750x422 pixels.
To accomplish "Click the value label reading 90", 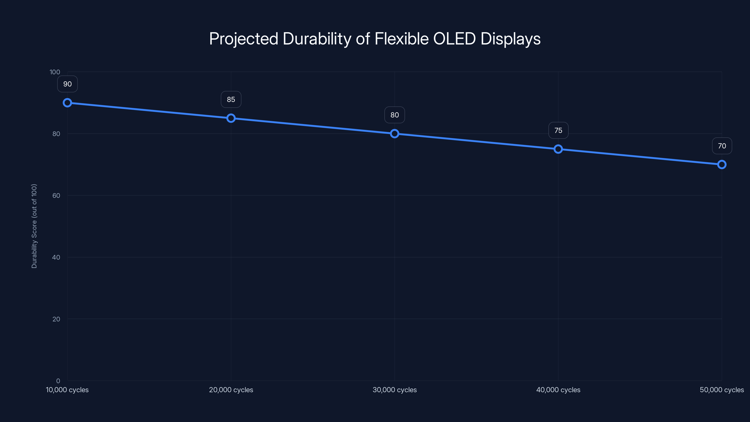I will point(67,84).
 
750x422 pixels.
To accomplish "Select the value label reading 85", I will point(231,99).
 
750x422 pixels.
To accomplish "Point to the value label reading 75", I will point(558,131).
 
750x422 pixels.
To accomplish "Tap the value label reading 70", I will point(722,146).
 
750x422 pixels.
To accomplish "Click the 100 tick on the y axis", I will point(55,72).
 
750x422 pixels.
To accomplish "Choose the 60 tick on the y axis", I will point(56,196).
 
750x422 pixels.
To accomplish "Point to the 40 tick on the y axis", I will point(56,257).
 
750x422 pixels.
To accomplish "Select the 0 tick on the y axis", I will point(58,381).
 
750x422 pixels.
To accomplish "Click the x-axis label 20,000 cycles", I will point(231,390).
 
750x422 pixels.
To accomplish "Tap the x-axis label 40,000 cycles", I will point(558,390).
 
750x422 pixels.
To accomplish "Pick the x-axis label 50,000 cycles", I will point(721,390).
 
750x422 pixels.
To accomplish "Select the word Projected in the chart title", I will point(244,39).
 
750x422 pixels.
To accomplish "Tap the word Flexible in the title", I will point(401,39).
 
